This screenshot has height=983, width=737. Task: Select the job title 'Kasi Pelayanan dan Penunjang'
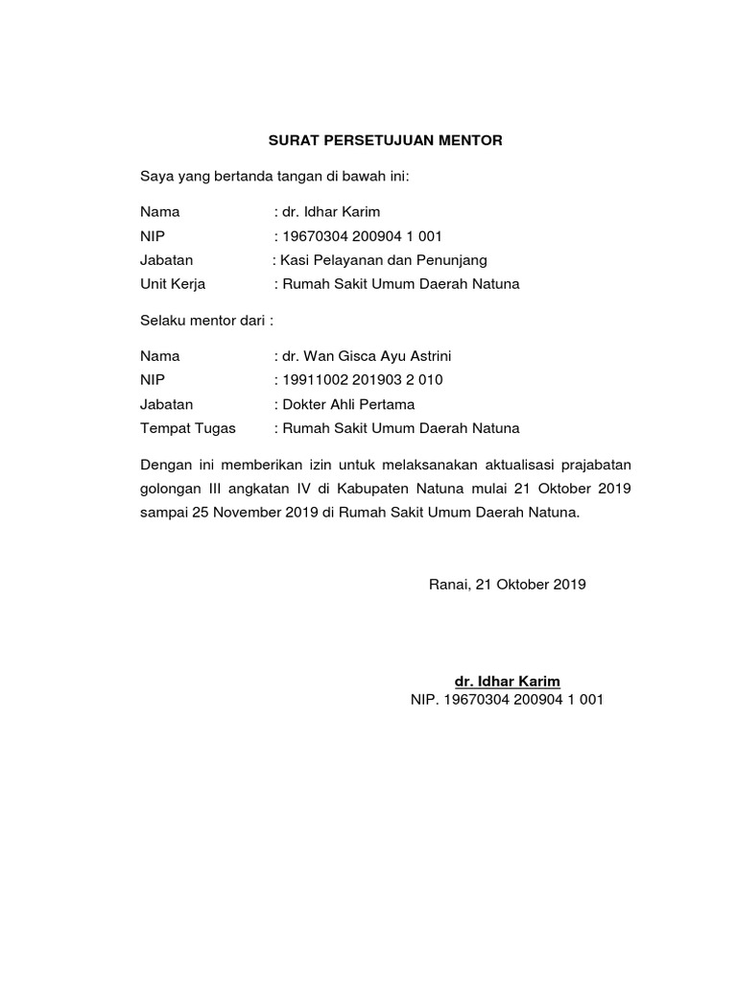(383, 260)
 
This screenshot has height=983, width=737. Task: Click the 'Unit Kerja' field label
(173, 284)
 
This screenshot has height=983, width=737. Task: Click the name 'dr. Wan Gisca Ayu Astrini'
(362, 356)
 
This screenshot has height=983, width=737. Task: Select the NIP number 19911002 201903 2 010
(362, 380)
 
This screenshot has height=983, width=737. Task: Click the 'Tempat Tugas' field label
(188, 428)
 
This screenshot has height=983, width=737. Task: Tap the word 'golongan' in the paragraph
(170, 489)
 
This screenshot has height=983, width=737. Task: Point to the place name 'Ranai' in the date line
(448, 584)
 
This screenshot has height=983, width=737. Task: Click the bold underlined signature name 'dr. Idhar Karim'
(507, 682)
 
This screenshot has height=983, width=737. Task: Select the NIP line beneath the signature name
(507, 701)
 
